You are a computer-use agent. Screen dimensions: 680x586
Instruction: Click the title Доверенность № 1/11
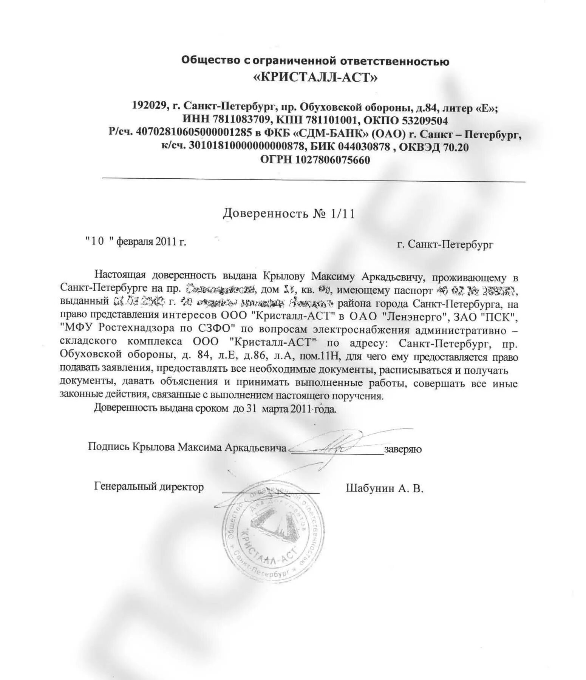coord(289,213)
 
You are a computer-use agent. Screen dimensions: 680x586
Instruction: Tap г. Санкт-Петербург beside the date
coord(445,244)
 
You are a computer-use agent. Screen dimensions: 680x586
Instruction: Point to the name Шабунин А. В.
coord(384,488)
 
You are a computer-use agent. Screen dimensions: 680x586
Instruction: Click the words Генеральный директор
coord(149,487)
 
